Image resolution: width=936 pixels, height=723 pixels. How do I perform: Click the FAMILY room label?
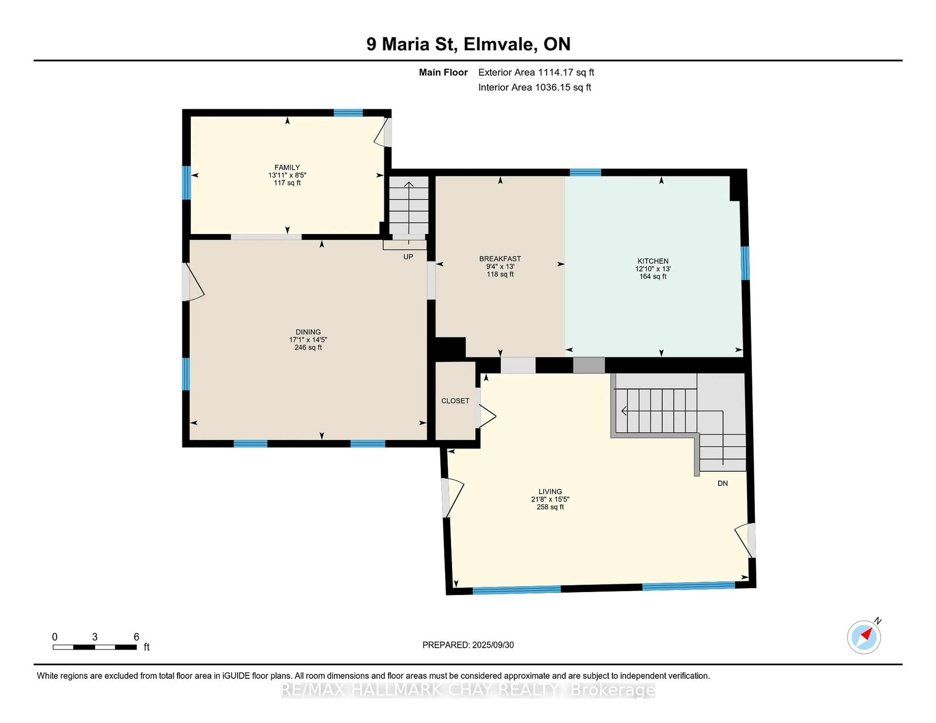[287, 167]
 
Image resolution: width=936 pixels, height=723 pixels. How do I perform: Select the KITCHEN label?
[653, 261]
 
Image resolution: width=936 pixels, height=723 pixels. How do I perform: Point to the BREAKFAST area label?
[500, 259]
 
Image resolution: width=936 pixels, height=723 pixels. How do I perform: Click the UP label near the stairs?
[408, 257]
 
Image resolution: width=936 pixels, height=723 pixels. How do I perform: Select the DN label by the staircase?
[722, 483]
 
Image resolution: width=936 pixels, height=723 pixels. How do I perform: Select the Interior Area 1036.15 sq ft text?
[535, 87]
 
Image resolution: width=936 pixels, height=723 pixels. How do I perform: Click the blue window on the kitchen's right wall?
[745, 263]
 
